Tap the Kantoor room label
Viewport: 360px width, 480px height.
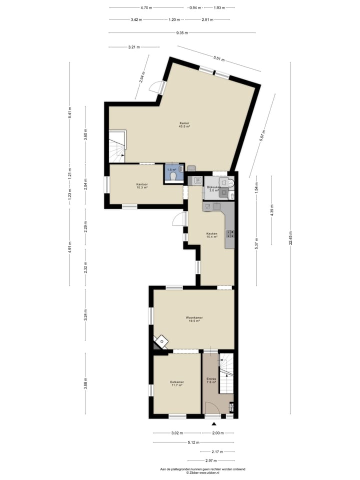coord(142,185)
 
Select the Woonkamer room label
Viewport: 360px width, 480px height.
coord(194,319)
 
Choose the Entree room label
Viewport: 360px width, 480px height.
coord(211,380)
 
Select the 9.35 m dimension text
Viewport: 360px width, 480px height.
coord(182,33)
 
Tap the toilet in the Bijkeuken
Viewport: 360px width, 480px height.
coord(230,183)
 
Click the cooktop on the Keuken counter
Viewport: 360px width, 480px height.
coord(231,232)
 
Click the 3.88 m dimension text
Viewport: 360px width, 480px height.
coord(85,385)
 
